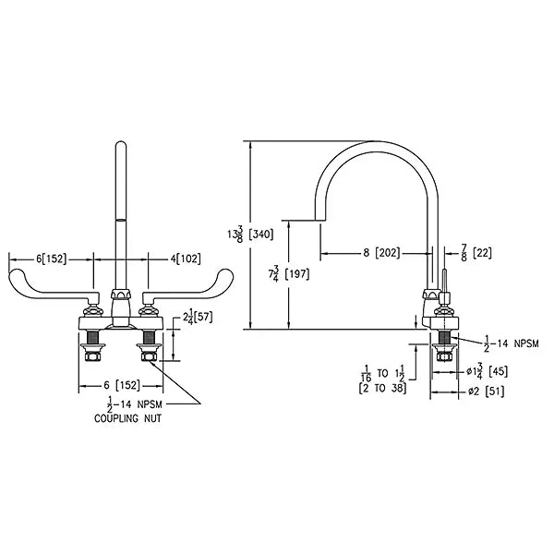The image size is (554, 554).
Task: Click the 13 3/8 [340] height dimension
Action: pyautogui.click(x=250, y=234)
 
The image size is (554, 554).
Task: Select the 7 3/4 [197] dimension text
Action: pyautogui.click(x=288, y=273)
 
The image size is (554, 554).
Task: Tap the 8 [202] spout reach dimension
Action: pyautogui.click(x=381, y=253)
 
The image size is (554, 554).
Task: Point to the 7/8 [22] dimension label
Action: pyautogui.click(x=476, y=253)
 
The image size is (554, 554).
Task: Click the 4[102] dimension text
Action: pyautogui.click(x=186, y=259)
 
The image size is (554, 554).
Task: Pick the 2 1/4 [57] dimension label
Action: pyautogui.click(x=198, y=317)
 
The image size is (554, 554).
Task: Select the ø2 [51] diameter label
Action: pyautogui.click(x=486, y=391)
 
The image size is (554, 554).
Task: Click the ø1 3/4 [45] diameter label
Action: pyautogui.click(x=487, y=371)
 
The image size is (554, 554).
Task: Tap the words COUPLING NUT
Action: pyautogui.click(x=127, y=418)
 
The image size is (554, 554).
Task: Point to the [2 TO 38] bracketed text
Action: pyautogui.click(x=382, y=389)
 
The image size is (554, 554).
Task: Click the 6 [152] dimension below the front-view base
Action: pyautogui.click(x=122, y=385)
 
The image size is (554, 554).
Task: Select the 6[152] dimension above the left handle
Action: pyautogui.click(x=51, y=259)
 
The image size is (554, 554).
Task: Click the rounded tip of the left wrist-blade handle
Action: pyautogui.click(x=14, y=275)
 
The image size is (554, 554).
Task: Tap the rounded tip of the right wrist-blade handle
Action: pyautogui.click(x=227, y=275)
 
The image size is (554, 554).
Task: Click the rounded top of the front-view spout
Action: pyautogui.click(x=121, y=143)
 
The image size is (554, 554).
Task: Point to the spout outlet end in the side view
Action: pyautogui.click(x=320, y=220)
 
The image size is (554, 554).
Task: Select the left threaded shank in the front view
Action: pyautogui.click(x=93, y=337)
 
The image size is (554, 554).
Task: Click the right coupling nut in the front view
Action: pyautogui.click(x=149, y=356)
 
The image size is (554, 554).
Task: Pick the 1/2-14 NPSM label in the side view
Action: pyautogui.click(x=511, y=343)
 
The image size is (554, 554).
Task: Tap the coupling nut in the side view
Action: pyautogui.click(x=444, y=356)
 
